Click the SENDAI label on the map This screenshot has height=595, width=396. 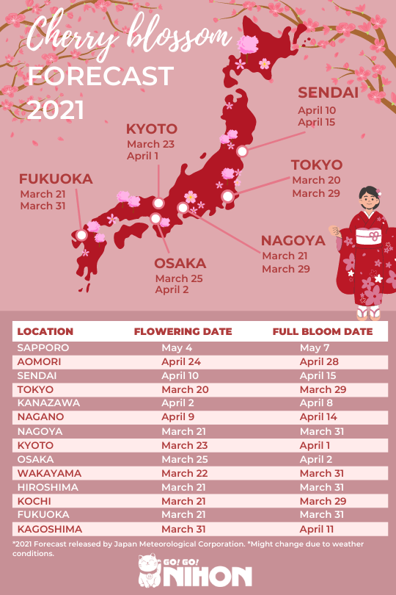tap(328, 93)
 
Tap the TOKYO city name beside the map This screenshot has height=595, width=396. tap(317, 165)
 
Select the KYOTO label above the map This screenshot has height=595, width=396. tap(152, 129)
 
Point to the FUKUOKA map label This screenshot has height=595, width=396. tap(56, 178)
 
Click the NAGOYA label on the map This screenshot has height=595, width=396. tap(293, 241)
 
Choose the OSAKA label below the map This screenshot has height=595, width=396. tap(180, 263)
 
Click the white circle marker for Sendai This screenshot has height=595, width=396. tap(242, 151)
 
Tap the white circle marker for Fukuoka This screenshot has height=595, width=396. tap(81, 236)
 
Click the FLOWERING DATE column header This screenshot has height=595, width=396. tap(183, 331)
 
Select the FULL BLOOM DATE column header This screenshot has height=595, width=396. tap(323, 331)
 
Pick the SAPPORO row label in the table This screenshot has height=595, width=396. tap(43, 347)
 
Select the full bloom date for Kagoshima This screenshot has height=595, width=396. tap(317, 529)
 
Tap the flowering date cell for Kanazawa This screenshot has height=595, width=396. tap(178, 403)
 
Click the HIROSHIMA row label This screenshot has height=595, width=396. tap(48, 487)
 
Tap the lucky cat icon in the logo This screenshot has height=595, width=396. tap(151, 571)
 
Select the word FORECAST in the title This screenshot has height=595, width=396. tap(100, 76)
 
